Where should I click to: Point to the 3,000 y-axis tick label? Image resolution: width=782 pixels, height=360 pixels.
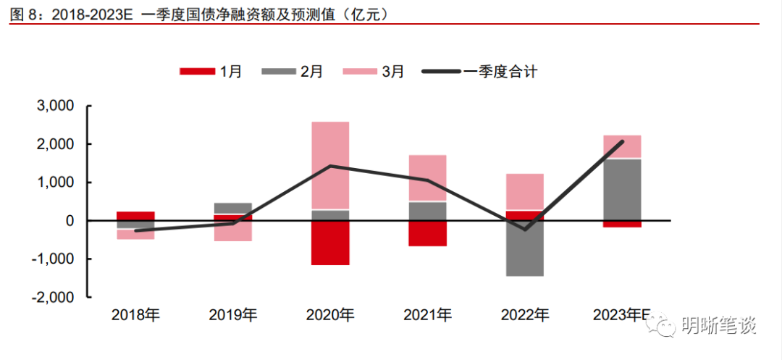[55, 106]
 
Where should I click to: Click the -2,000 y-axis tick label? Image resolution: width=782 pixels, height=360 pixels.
[52, 297]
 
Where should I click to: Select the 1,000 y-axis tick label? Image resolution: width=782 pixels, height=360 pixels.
[55, 183]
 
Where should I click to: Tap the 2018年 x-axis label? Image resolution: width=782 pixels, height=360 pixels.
[135, 315]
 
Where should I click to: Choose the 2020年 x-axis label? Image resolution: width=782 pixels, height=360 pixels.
[330, 315]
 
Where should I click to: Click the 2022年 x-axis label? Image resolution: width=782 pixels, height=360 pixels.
[525, 315]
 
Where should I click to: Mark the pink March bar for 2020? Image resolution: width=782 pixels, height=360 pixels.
[330, 165]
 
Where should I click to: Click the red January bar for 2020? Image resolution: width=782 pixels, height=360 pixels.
[330, 243]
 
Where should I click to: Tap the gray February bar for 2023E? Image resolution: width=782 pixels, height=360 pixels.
[622, 189]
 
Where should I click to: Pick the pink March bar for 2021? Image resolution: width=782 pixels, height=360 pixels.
[427, 177]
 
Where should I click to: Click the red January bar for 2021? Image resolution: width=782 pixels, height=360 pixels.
[427, 233]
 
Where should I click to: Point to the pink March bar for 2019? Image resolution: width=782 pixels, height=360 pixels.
[233, 230]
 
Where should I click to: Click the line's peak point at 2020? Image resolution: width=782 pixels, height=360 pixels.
[330, 166]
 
